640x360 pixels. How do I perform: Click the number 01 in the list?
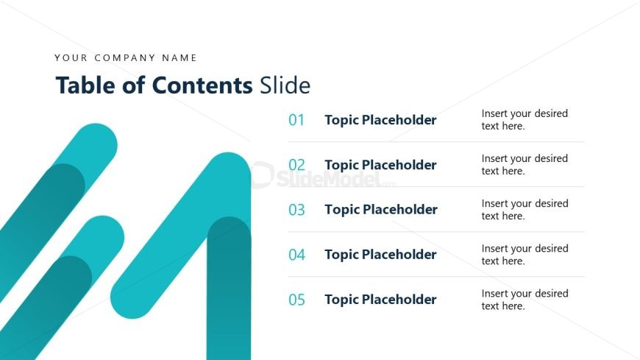[296, 120]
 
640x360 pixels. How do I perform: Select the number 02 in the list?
[296, 165]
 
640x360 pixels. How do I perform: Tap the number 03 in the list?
[296, 210]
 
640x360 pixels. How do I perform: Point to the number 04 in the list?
[296, 255]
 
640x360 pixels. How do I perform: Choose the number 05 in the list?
[296, 300]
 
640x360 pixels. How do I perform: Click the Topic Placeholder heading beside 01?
[380, 120]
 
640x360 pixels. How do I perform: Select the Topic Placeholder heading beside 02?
[380, 165]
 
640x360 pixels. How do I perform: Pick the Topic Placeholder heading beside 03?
[380, 210]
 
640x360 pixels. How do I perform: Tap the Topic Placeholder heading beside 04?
[380, 255]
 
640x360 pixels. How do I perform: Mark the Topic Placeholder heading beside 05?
[380, 300]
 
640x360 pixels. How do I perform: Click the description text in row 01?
[525, 120]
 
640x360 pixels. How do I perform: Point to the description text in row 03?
[525, 210]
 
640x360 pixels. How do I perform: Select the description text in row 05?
[525, 300]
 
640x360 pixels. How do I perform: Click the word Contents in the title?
[202, 85]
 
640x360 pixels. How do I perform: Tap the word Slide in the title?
[285, 85]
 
